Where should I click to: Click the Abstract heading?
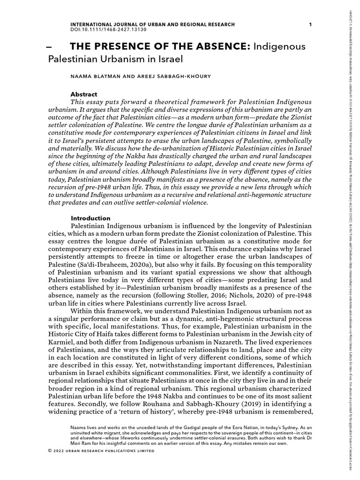pyautogui.click(x=84, y=94)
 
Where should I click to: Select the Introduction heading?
pyautogui.click(x=90, y=218)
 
